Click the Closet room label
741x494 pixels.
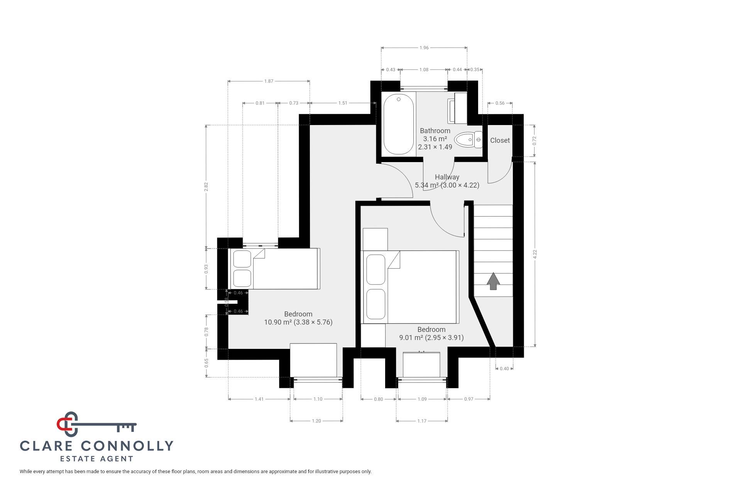(x=500, y=140)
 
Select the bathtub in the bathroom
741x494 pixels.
(x=398, y=124)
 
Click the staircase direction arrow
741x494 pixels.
(x=493, y=281)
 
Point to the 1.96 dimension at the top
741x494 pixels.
(x=424, y=48)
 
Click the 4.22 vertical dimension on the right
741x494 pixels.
(x=535, y=254)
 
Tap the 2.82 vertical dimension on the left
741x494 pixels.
(x=206, y=186)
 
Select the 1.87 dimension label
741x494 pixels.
(x=269, y=81)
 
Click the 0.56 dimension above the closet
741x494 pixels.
(x=500, y=103)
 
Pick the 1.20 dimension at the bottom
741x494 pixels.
(x=316, y=421)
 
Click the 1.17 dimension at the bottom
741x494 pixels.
(x=422, y=421)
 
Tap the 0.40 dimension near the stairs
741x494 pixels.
(x=504, y=369)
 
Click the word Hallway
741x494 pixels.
(x=447, y=177)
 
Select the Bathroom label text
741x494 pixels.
(x=435, y=131)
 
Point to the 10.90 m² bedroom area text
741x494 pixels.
(x=278, y=322)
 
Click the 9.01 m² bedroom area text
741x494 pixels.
(x=411, y=338)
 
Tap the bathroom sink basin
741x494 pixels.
(x=457, y=108)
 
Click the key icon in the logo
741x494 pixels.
(x=96, y=424)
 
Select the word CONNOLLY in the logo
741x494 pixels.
(x=127, y=446)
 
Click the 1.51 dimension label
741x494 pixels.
(x=343, y=103)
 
